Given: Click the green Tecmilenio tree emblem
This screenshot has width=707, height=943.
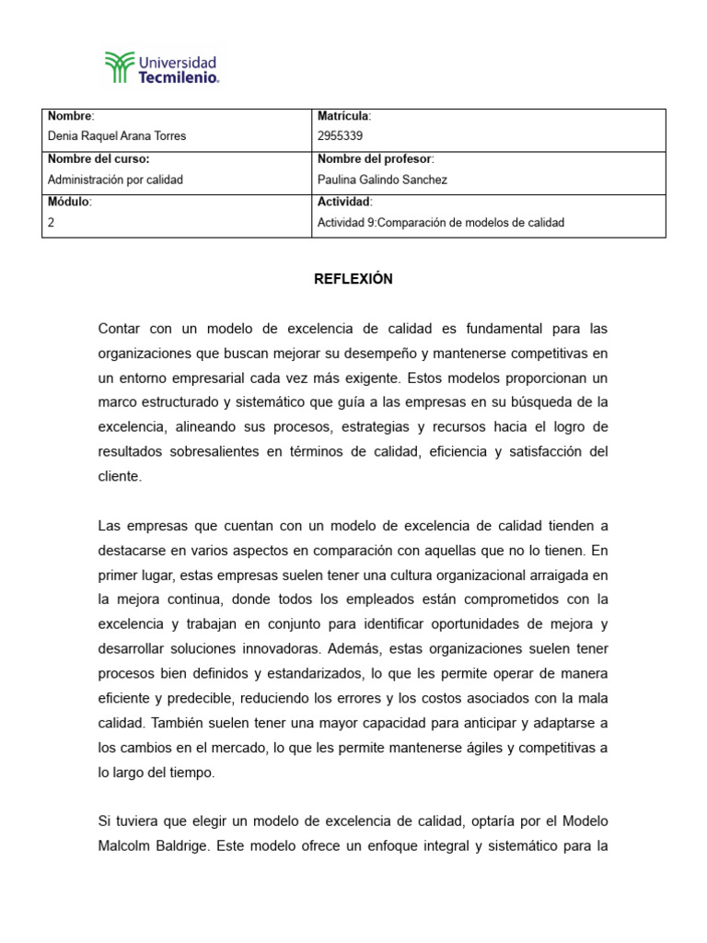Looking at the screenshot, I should (119, 67).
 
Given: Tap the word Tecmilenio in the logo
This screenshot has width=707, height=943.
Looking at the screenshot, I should (178, 79).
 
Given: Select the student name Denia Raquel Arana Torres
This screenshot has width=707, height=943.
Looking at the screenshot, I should (116, 136).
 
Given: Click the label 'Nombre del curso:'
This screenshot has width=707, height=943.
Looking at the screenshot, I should (98, 159).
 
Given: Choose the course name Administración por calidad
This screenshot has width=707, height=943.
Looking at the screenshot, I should (115, 180).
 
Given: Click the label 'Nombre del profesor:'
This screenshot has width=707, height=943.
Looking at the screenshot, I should (375, 159).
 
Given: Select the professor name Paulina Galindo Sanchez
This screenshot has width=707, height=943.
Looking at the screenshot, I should (382, 180).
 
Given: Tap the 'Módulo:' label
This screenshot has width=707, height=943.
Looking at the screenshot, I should (70, 202).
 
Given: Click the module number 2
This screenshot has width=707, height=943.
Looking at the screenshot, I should (52, 222).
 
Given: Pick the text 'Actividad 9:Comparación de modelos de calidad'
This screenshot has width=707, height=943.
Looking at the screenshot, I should (440, 222).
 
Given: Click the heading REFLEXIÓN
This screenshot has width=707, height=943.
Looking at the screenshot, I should (353, 280).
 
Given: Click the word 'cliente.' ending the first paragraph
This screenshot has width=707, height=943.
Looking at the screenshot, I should (120, 476).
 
